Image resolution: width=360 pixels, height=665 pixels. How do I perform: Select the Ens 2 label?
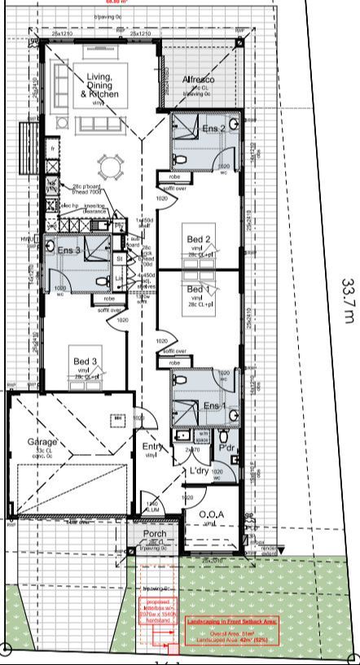213,129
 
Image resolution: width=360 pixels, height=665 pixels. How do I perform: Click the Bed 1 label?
198,290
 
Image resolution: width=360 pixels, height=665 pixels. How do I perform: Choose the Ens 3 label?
68,251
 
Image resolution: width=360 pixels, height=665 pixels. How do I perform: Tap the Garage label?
42,442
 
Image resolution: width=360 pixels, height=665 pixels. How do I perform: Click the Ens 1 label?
213,405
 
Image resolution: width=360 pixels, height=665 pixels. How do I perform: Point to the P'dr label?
227,447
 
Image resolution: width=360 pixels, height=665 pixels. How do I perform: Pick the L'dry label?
200,471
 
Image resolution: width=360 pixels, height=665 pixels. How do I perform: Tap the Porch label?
155,535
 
